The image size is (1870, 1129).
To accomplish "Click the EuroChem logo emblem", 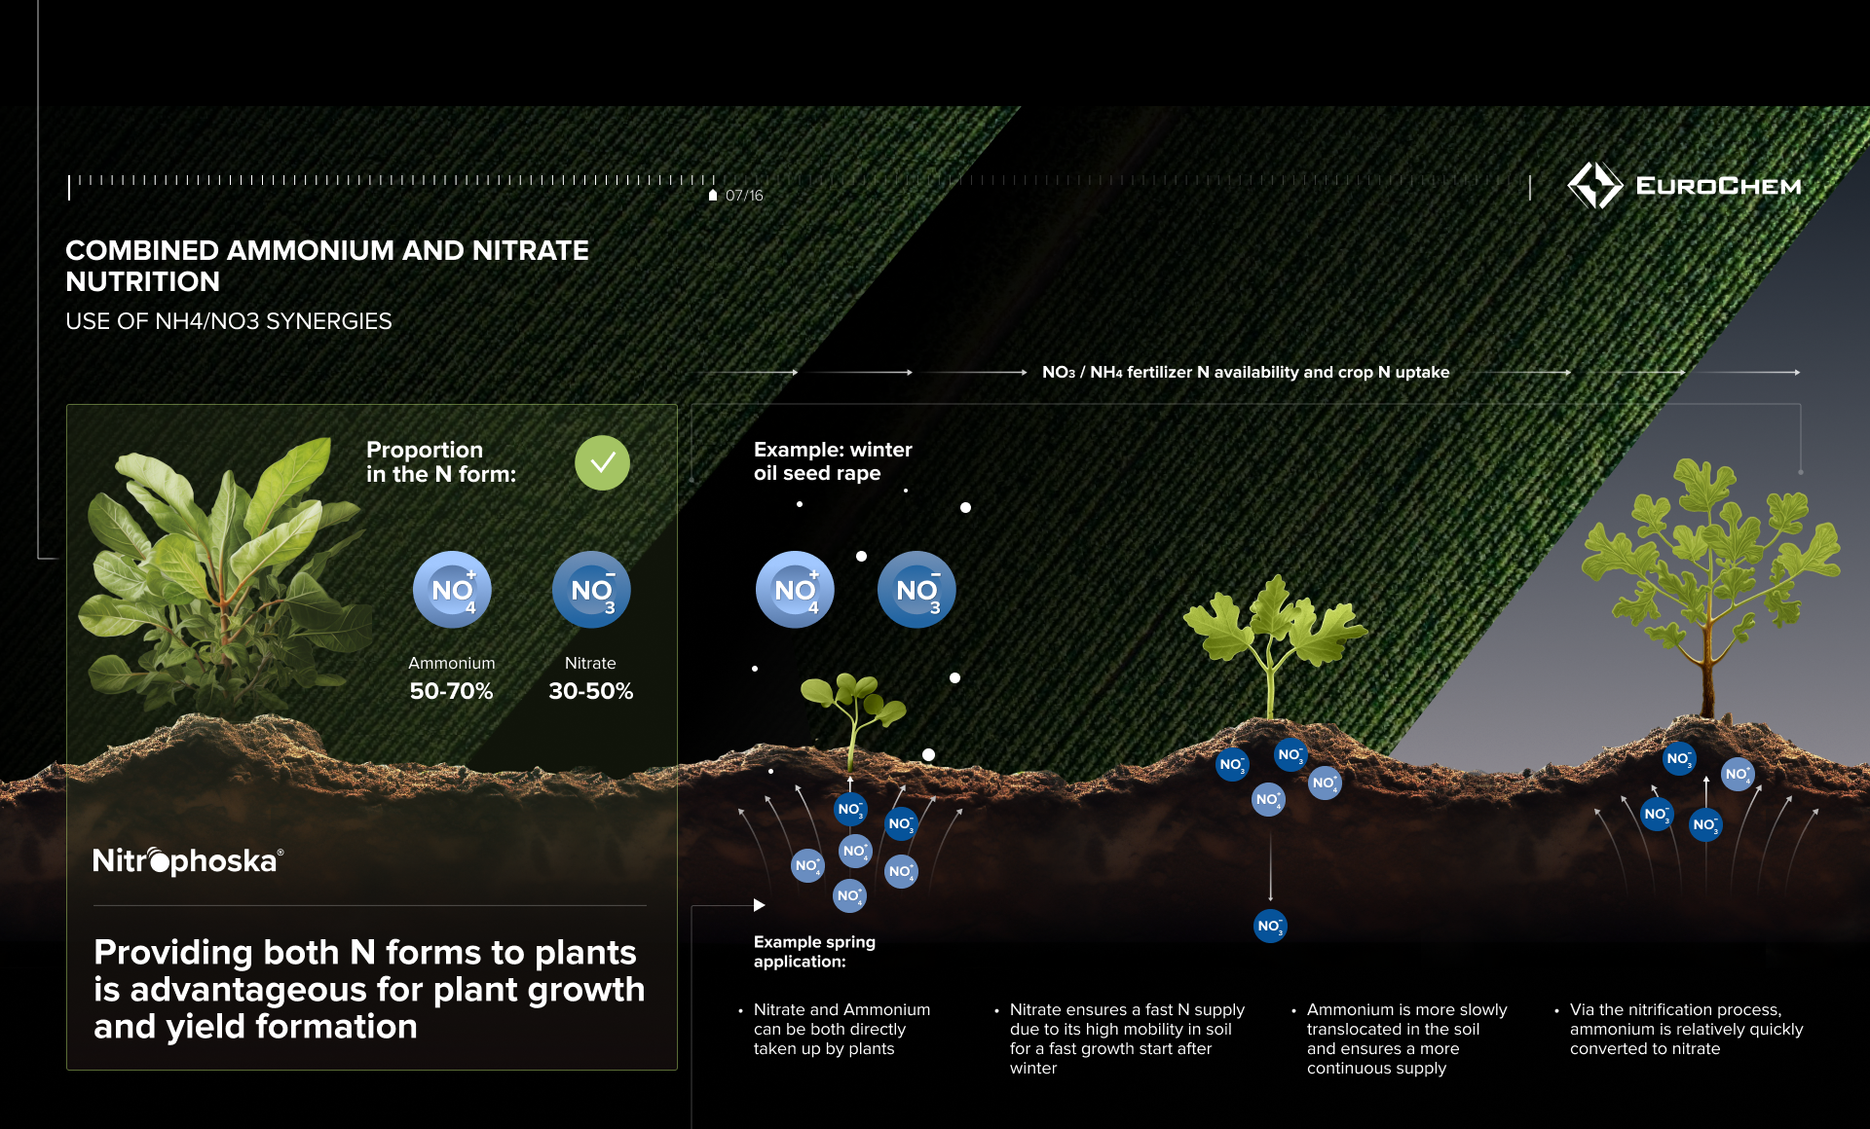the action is pyautogui.click(x=1594, y=185).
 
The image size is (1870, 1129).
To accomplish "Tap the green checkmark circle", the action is pyautogui.click(x=602, y=462).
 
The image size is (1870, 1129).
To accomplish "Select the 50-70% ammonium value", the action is pyautogui.click(x=451, y=691).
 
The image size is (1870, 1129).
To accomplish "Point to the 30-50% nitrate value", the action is pyautogui.click(x=591, y=691).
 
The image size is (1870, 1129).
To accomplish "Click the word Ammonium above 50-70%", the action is pyautogui.click(x=452, y=663).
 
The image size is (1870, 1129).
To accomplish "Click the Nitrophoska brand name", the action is pyautogui.click(x=188, y=860).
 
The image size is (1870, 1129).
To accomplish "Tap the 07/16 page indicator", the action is pyautogui.click(x=744, y=196).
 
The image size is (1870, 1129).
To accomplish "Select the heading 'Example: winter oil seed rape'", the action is pyautogui.click(x=833, y=461).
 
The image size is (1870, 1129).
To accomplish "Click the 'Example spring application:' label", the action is pyautogui.click(x=814, y=952).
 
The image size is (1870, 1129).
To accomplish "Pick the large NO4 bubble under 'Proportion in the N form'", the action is pyautogui.click(x=452, y=590).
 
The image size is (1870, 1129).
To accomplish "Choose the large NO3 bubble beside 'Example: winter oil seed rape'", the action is pyautogui.click(x=916, y=590).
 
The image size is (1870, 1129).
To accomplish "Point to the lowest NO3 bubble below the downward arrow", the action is pyautogui.click(x=1270, y=926).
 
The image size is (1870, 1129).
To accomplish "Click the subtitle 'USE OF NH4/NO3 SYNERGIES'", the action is pyautogui.click(x=229, y=321).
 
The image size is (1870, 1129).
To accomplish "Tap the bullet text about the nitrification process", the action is pyautogui.click(x=1686, y=1029).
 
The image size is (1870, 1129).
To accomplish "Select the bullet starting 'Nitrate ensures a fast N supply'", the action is pyautogui.click(x=1127, y=1038).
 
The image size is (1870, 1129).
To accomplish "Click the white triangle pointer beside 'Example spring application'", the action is pyautogui.click(x=760, y=905).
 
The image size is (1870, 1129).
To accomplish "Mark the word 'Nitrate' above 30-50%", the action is pyautogui.click(x=590, y=663).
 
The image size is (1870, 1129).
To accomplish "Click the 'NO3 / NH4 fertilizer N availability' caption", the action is pyautogui.click(x=1246, y=372).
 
